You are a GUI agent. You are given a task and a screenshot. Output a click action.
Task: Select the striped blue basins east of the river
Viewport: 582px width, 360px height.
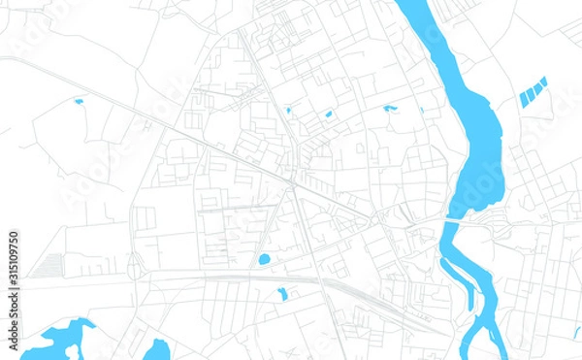coord(533,92)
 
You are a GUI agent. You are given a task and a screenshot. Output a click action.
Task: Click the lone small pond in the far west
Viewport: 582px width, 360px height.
coord(79,101)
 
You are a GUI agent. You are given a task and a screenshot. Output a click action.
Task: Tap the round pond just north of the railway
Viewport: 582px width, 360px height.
coord(264,259)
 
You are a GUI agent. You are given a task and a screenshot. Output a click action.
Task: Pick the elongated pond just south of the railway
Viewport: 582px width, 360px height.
coord(282,293)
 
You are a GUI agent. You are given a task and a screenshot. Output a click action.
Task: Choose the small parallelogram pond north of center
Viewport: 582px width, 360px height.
coord(328,115)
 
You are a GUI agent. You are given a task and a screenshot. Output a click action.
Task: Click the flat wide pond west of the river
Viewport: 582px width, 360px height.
coord(390,108)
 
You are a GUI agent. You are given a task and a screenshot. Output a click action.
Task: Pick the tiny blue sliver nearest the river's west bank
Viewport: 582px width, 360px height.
coord(421,110)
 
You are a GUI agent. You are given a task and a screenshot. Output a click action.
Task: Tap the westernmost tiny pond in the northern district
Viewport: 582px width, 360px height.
coord(288,111)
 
